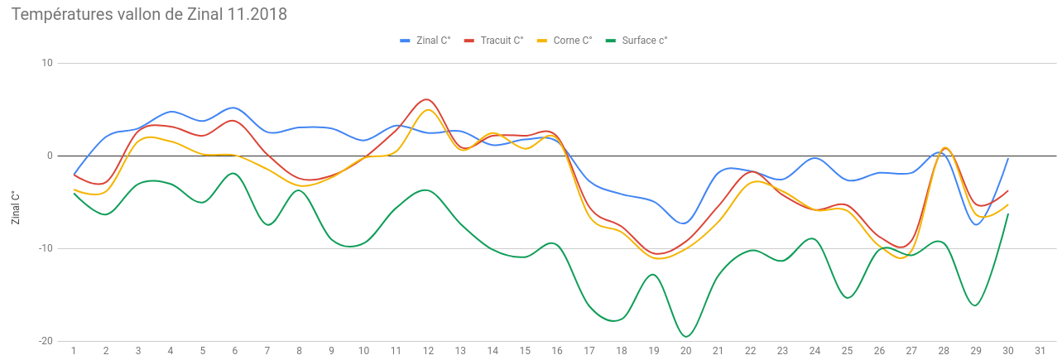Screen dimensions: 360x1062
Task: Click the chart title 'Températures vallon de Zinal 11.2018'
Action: pyautogui.click(x=149, y=14)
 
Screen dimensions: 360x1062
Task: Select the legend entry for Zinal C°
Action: pyautogui.click(x=425, y=40)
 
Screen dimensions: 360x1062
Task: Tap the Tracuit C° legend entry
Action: pyautogui.click(x=494, y=40)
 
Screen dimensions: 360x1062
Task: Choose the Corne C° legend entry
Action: pyautogui.click(x=565, y=40)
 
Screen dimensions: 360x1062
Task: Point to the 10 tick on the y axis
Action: pyautogui.click(x=46, y=63)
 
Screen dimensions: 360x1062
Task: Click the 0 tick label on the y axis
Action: pyautogui.click(x=49, y=156)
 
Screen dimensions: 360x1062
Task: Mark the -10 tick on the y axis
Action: pyautogui.click(x=45, y=248)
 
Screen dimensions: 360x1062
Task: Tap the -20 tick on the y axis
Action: pyautogui.click(x=45, y=341)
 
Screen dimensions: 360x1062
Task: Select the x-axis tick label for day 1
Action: pyautogui.click(x=74, y=351)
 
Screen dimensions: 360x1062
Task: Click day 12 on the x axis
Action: pyautogui.click(x=428, y=351)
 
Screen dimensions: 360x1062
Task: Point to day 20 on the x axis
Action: pyautogui.click(x=685, y=351)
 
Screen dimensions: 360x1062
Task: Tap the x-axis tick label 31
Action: pyautogui.click(x=1040, y=351)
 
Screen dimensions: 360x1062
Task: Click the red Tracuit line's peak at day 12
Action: pyautogui.click(x=425, y=99)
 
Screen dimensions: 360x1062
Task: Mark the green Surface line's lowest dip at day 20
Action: pyautogui.click(x=686, y=337)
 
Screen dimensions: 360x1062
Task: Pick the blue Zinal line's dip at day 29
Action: pyautogui.click(x=977, y=224)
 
